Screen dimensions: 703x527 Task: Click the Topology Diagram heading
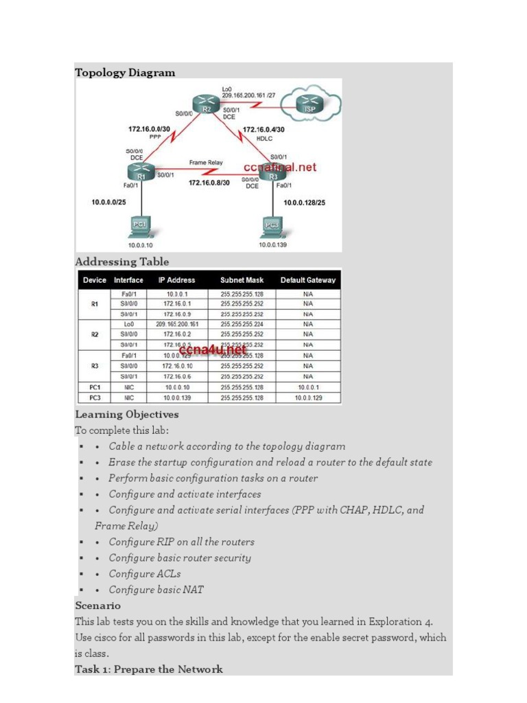[125, 73]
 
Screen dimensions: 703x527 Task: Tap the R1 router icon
[140, 172]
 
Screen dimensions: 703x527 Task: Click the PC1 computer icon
[140, 226]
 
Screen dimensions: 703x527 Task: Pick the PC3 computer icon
[272, 226]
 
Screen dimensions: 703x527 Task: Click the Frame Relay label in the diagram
[206, 163]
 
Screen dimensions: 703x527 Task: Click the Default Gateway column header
[308, 280]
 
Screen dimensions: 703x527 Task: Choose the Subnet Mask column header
[242, 280]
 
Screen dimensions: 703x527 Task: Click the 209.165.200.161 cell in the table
[177, 323]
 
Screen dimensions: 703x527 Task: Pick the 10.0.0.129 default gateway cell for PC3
[308, 397]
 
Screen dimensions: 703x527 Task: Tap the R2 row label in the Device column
[95, 334]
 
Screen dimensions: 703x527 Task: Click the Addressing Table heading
[121, 262]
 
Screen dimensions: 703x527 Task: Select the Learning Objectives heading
[126, 415]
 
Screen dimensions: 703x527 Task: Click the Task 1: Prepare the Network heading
[148, 669]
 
